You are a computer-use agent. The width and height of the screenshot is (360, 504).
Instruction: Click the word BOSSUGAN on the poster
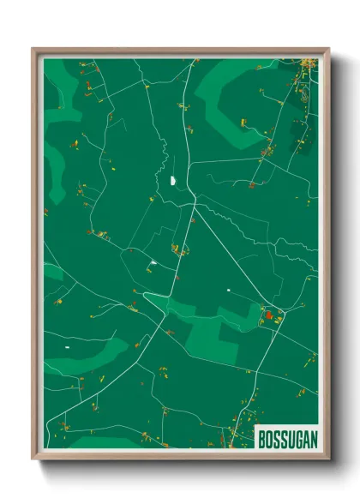[286, 438]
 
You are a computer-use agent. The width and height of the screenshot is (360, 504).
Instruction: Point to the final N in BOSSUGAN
[311, 438]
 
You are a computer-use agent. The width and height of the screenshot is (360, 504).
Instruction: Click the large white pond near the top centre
[174, 181]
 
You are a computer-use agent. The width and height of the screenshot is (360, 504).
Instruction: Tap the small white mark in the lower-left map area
[67, 347]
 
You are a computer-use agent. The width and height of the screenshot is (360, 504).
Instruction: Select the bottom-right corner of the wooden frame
[327, 459]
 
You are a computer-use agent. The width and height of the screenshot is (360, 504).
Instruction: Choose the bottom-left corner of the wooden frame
[33, 459]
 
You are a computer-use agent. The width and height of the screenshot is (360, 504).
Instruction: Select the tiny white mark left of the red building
[229, 290]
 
